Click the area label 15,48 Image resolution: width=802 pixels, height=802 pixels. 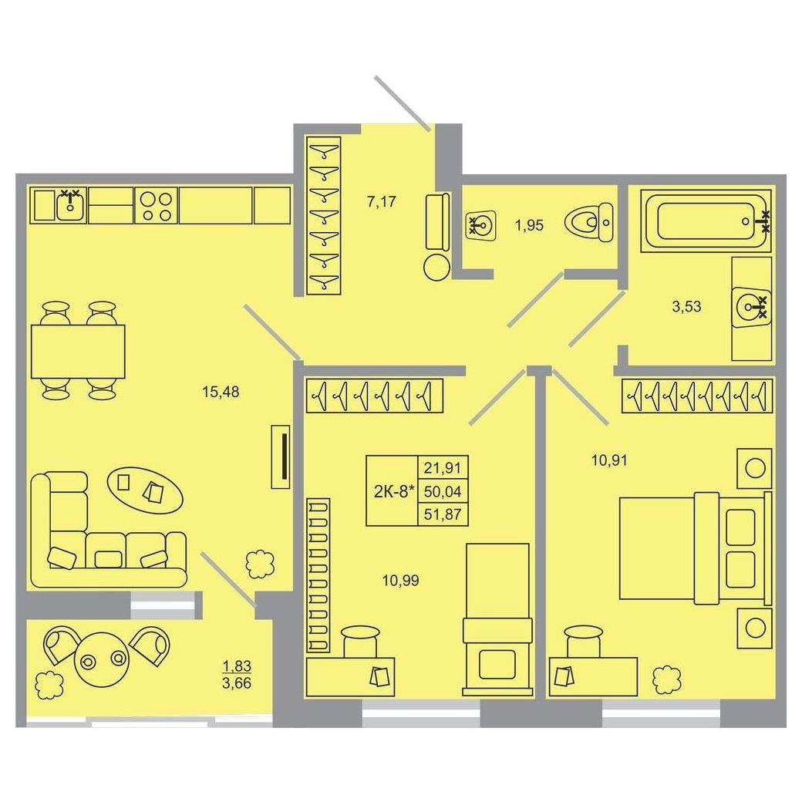[x=221, y=393]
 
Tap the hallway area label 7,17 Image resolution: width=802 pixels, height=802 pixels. [x=382, y=201]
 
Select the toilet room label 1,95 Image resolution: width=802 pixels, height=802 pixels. [x=529, y=225]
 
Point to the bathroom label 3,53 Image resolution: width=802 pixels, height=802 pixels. [x=686, y=307]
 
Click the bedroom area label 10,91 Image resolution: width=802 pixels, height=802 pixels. [x=609, y=460]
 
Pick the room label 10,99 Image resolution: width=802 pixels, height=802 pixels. [x=401, y=581]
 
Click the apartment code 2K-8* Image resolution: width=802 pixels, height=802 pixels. [x=393, y=491]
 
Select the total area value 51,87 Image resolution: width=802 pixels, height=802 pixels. [x=443, y=514]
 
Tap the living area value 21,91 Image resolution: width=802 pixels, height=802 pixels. [x=443, y=467]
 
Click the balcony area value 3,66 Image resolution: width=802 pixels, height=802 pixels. [x=237, y=682]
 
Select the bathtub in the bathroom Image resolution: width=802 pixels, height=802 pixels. [x=709, y=221]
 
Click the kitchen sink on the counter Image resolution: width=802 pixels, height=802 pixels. [x=70, y=206]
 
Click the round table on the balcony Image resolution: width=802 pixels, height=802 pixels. [x=103, y=660]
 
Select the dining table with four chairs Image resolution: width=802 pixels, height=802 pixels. [x=78, y=351]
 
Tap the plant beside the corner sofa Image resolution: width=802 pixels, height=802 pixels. [x=259, y=564]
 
